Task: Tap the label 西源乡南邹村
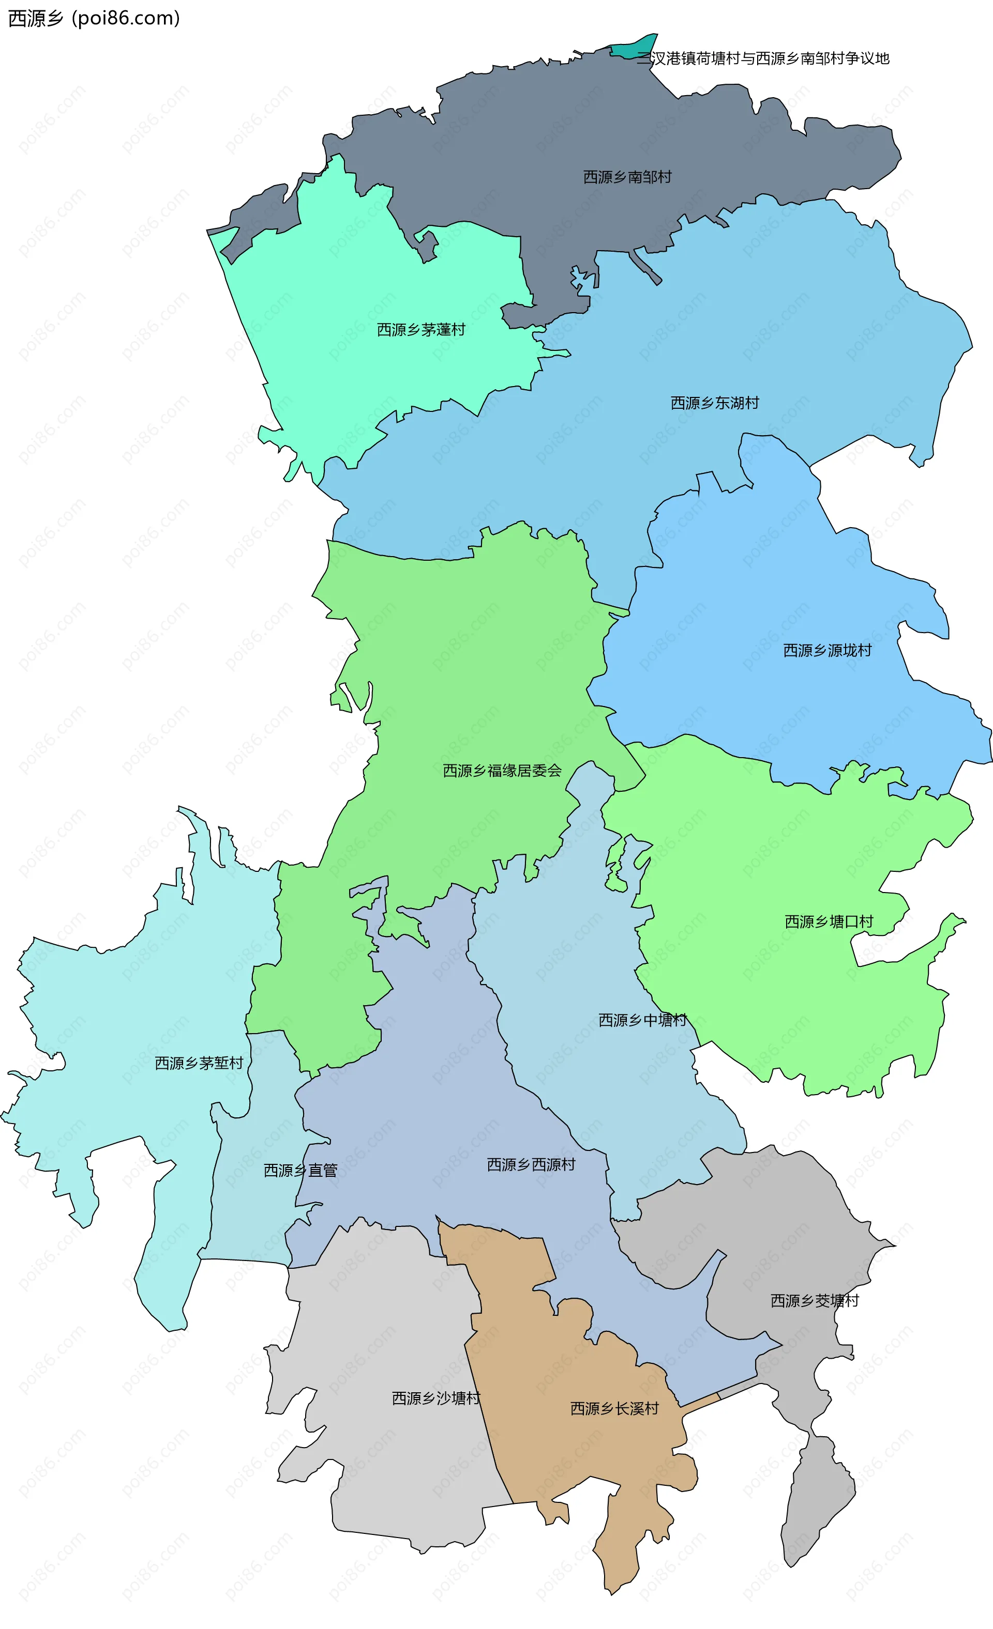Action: [627, 177]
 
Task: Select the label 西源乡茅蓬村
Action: [421, 329]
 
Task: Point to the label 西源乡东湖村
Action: [714, 403]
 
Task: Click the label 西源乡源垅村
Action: [827, 651]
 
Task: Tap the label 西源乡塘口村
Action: [829, 921]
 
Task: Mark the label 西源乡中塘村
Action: [642, 1020]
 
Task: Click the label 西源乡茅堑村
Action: [199, 1063]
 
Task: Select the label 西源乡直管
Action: [300, 1171]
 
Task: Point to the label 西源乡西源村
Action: [531, 1165]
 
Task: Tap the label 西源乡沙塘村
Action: [435, 1399]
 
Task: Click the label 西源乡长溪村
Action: [614, 1409]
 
